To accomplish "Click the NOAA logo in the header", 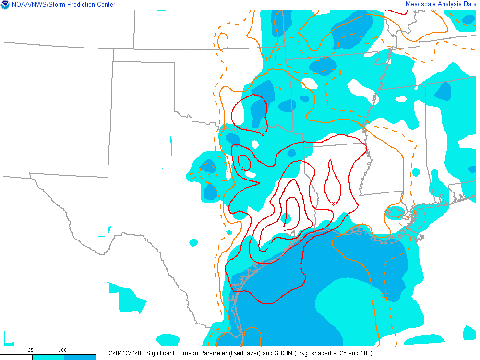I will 5,5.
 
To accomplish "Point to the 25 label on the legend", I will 30,350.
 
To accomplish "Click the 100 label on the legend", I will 62,350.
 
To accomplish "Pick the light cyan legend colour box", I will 48,357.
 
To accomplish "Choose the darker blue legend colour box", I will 80,357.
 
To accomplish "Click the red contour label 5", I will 285,228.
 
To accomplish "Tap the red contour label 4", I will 269,245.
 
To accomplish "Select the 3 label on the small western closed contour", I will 242,168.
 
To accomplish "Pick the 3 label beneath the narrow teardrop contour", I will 333,204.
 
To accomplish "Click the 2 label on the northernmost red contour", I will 263,134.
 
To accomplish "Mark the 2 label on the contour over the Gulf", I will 301,266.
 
